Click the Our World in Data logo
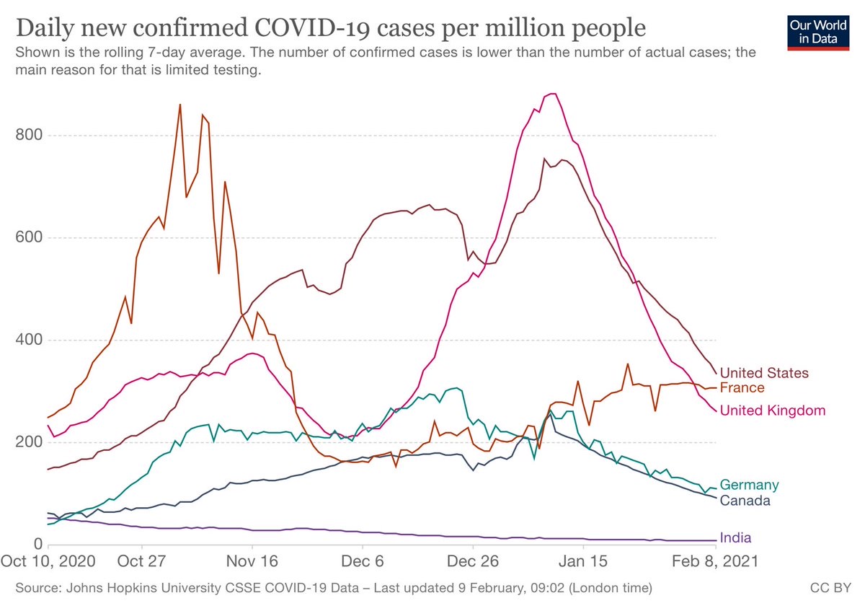click(818, 33)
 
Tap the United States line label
click(764, 373)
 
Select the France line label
click(742, 387)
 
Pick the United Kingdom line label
click(773, 410)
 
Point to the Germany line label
click(749, 485)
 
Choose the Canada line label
click(745, 501)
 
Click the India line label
click(736, 537)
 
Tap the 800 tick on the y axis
click(29, 135)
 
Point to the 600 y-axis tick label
click(29, 237)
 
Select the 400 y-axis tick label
click(29, 340)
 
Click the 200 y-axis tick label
click(29, 441)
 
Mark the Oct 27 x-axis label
click(141, 561)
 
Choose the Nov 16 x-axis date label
click(252, 561)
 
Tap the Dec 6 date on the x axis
click(362, 561)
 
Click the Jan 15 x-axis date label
click(583, 561)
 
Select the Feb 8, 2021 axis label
click(715, 561)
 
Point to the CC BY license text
click(830, 588)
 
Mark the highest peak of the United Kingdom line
click(552, 94)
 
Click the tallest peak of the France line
click(180, 105)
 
